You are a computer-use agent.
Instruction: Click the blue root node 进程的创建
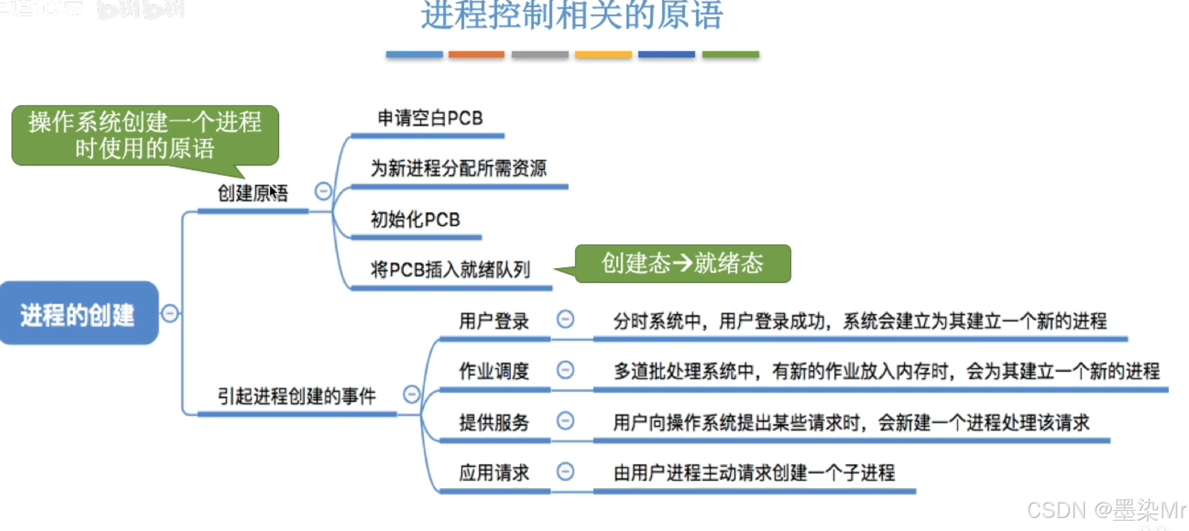pos(78,313)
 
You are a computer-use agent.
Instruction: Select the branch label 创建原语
pos(252,193)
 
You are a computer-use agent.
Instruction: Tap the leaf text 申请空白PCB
pos(430,118)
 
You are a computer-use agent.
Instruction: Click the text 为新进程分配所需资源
pos(458,168)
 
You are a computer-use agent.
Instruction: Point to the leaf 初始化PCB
pos(415,220)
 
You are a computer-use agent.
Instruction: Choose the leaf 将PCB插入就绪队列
pos(450,269)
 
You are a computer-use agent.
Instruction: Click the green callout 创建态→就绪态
pos(682,263)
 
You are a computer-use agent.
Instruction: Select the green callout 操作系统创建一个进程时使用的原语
pos(145,135)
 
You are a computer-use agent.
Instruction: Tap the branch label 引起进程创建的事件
pos(297,395)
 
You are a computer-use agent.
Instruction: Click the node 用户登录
pos(493,321)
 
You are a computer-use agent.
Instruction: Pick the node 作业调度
pos(493,371)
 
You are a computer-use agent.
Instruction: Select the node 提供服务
pos(493,422)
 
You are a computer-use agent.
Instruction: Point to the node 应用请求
pos(493,472)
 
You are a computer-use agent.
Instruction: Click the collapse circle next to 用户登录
pos(565,319)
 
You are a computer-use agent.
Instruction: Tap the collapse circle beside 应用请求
pos(565,471)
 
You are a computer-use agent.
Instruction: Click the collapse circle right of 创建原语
pos(323,191)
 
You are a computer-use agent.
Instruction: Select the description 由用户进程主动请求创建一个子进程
pos(754,472)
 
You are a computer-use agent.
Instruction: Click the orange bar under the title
pos(477,55)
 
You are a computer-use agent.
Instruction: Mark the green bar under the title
pos(730,55)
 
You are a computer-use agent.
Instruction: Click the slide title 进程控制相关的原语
pos(572,16)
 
